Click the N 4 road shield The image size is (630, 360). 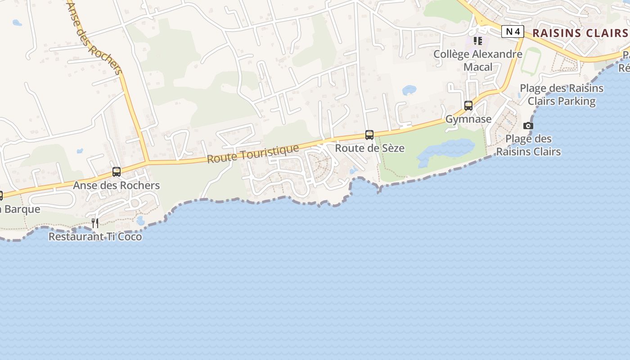coord(513,31)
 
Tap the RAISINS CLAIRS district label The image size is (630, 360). coord(580,33)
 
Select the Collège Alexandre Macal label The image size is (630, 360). coord(478,60)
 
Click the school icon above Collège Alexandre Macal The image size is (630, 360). coord(478,41)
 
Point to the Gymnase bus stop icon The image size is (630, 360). coord(468,106)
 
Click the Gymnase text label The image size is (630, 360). coord(468,119)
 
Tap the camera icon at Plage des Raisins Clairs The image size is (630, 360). coord(528,126)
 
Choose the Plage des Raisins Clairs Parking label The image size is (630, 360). coord(562,94)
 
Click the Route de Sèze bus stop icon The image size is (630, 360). coord(369,135)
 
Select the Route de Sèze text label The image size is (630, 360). coord(369,148)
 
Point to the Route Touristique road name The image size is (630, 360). coord(253,154)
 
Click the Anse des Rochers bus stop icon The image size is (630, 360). coord(117,172)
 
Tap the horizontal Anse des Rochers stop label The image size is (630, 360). coord(117,185)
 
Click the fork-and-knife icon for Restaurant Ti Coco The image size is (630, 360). coord(95,223)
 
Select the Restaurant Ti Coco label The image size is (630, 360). coord(95,236)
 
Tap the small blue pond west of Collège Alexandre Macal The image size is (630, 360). coord(409,90)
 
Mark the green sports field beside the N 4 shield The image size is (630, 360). coord(531,61)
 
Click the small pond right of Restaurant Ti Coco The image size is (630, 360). coord(140,220)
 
